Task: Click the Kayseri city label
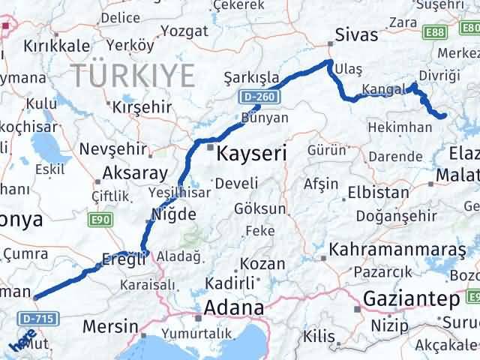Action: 252,154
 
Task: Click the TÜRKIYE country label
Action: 133,74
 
